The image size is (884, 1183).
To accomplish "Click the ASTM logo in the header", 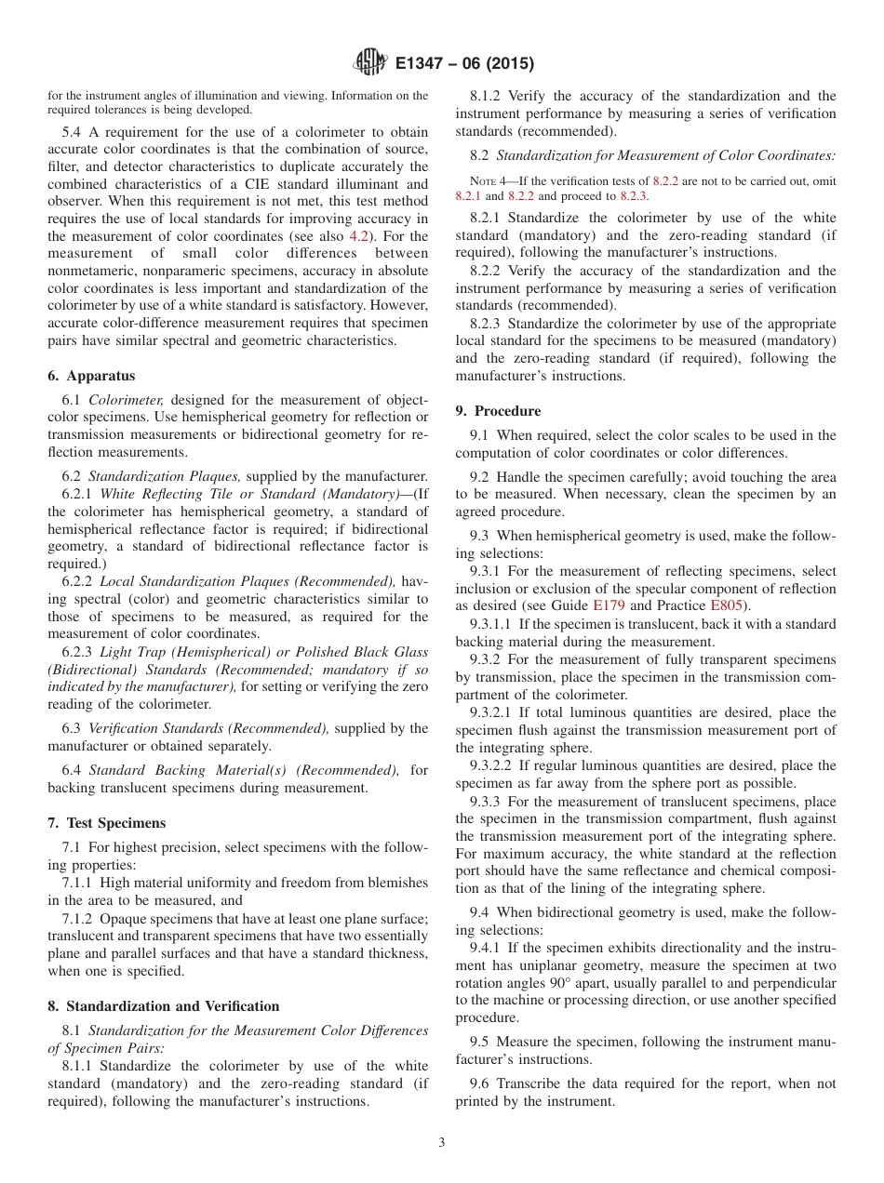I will [x=370, y=63].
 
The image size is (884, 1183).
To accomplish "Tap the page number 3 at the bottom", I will [x=442, y=1143].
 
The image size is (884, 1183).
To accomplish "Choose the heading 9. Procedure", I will [x=498, y=411].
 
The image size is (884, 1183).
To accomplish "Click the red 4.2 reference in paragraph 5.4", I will [x=359, y=236].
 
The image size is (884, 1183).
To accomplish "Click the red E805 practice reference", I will [x=729, y=606].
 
